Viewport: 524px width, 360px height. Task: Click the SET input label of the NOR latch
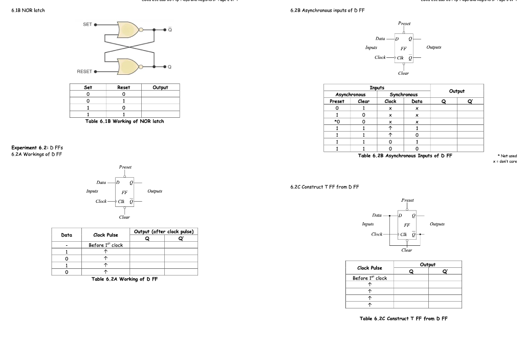[88, 24]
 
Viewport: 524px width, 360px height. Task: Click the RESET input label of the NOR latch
[85, 71]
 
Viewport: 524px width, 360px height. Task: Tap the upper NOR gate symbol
[127, 30]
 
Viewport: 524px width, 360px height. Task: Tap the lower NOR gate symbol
[127, 66]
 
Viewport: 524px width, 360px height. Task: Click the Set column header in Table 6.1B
[88, 87]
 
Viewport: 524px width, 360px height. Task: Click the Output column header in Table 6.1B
[160, 87]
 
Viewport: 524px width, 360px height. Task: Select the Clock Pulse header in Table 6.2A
[105, 235]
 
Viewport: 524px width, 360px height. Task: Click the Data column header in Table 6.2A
[67, 235]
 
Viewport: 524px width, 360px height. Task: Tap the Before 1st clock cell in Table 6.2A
[105, 245]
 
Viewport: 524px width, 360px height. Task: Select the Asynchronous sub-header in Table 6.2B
[351, 94]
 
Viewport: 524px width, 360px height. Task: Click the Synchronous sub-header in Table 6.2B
[404, 94]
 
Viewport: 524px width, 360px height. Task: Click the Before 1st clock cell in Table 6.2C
[369, 278]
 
